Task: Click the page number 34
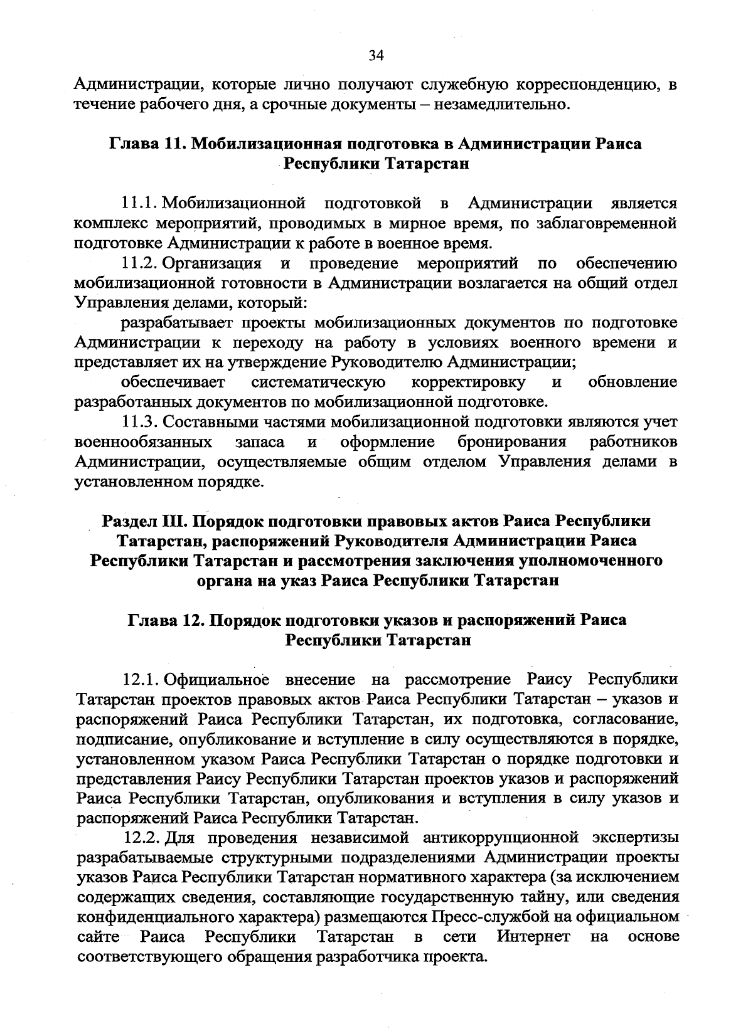tap(376, 56)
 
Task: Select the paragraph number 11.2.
tap(139, 262)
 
